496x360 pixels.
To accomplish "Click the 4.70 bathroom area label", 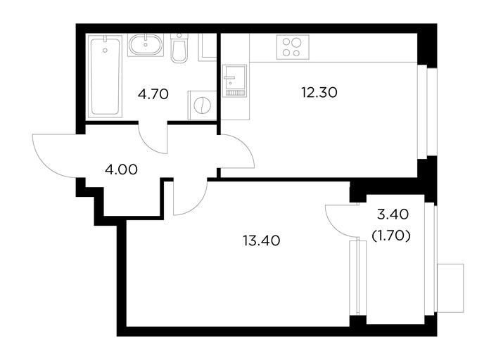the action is coord(153,94).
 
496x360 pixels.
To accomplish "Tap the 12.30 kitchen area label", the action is coord(319,93).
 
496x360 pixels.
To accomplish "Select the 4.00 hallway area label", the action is coord(122,169).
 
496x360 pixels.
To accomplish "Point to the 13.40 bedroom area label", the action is coord(262,241).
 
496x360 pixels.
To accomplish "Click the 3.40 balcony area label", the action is coord(393,214).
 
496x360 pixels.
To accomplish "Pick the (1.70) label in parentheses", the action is coord(391,236).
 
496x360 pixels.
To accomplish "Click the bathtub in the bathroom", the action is coord(105,76).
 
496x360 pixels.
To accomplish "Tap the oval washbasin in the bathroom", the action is coord(146,45).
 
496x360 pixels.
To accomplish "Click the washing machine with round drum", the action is coord(202,105).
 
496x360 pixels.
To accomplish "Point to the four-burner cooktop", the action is coord(293,47).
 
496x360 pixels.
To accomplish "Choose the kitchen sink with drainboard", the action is coord(234,81).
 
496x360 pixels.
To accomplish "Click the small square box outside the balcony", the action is coord(450,288).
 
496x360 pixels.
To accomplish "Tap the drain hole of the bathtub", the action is coord(105,50).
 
